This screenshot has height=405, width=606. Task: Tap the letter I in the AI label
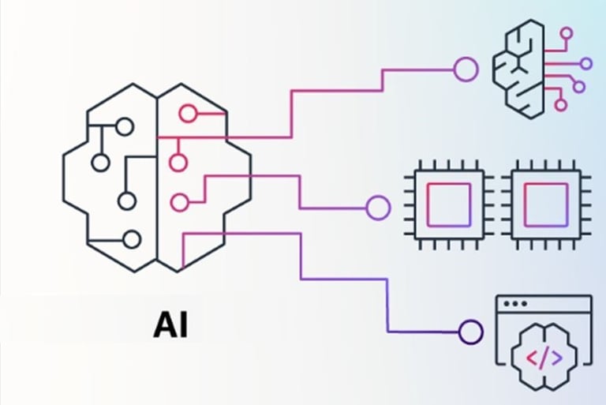tap(182, 324)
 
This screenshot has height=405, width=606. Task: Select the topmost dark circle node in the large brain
tap(124, 126)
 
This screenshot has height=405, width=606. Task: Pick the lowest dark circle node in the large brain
tap(132, 239)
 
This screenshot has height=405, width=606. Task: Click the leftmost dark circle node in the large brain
tap(100, 163)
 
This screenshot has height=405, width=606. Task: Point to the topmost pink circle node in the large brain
tap(188, 114)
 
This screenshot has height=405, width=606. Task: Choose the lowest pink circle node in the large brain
tap(180, 202)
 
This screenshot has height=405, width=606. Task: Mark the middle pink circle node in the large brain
tap(178, 163)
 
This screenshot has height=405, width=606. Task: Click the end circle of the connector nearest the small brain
tap(465, 69)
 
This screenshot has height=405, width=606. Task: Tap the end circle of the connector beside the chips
tap(378, 208)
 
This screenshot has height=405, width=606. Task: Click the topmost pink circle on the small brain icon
tap(566, 34)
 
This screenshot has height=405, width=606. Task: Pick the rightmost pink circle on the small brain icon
tap(585, 63)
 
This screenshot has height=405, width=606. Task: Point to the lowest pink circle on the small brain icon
tap(561, 103)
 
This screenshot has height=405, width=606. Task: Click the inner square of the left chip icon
tap(449, 204)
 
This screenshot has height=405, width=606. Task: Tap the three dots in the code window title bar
tap(515, 304)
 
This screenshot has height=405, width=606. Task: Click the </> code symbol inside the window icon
tap(544, 358)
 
